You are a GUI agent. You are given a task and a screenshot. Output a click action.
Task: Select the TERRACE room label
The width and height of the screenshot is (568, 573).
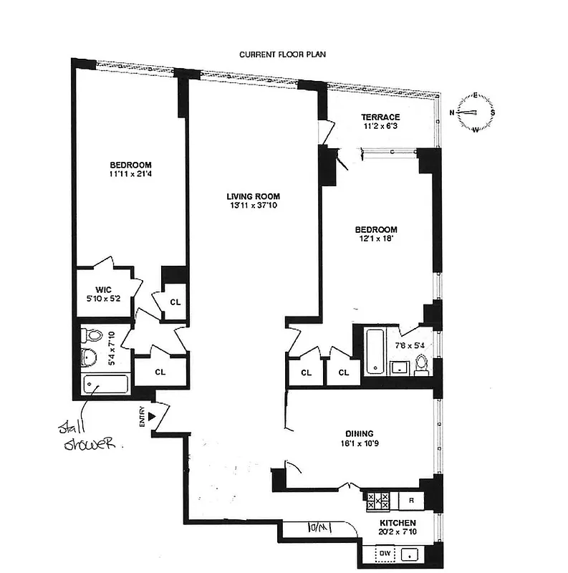380,117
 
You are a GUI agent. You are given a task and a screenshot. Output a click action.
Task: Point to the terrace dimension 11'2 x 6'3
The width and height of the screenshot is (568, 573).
380,127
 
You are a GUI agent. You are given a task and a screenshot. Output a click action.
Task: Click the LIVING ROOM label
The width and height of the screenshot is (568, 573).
253,196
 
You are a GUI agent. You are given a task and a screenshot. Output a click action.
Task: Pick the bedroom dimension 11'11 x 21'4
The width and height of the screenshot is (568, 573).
130,173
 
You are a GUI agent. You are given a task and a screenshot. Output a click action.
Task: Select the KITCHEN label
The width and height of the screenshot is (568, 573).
398,523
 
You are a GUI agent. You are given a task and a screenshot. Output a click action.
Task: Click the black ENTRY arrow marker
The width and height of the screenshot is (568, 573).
151,415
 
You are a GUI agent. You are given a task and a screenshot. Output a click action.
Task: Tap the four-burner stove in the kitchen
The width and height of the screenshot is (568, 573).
377,500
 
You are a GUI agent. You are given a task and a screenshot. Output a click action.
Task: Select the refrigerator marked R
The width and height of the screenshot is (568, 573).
410,500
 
